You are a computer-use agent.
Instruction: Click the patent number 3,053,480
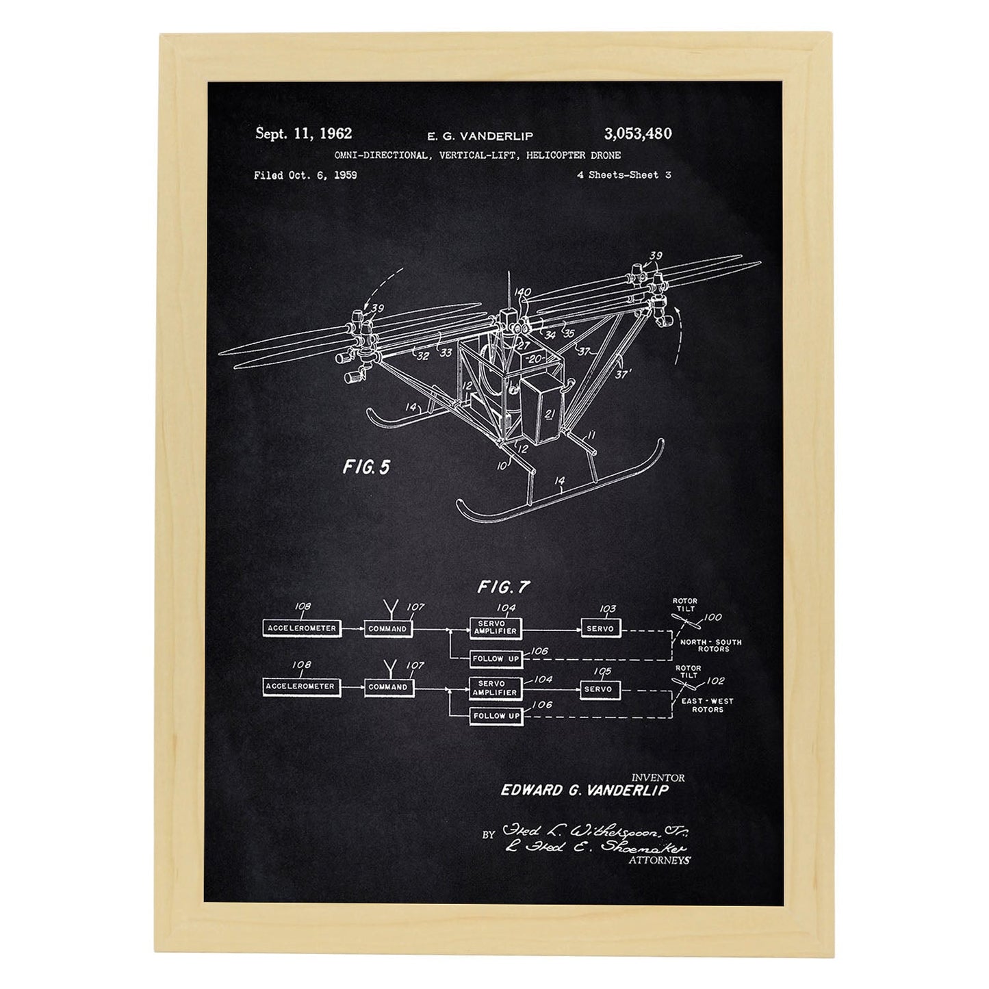(x=637, y=133)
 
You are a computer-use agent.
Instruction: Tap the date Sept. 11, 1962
(x=303, y=133)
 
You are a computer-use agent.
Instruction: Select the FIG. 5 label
(x=366, y=467)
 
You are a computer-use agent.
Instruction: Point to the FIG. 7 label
(x=504, y=587)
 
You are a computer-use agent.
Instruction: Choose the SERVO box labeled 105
(x=598, y=689)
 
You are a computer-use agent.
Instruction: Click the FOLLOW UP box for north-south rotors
(x=496, y=658)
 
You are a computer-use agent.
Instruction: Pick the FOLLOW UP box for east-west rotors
(x=496, y=716)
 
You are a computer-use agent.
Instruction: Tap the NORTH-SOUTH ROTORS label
(x=711, y=645)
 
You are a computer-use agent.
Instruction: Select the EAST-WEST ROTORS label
(x=708, y=705)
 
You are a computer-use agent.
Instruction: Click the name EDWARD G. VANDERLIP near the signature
(x=584, y=790)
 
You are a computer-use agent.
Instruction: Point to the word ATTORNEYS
(x=658, y=861)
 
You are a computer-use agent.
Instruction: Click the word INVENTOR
(x=657, y=778)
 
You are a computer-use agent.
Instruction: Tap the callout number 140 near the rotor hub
(x=523, y=293)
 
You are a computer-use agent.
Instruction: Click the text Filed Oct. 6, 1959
(x=305, y=175)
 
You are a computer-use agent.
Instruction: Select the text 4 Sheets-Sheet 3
(x=624, y=175)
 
